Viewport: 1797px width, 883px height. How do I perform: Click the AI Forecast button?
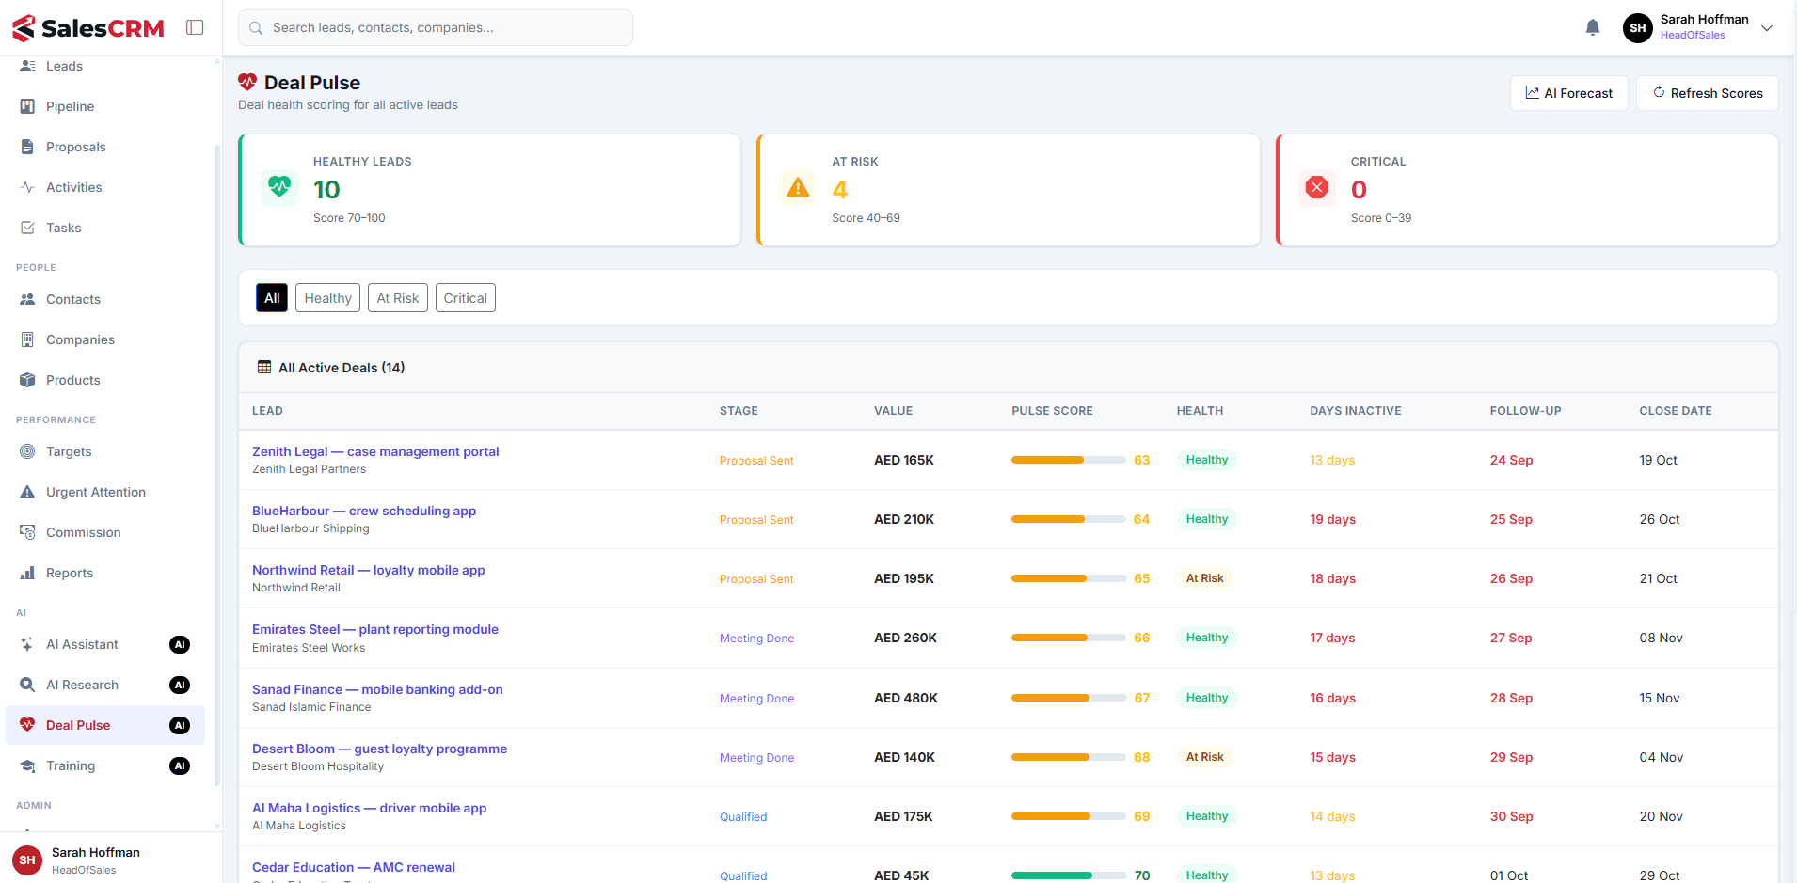[1568, 93]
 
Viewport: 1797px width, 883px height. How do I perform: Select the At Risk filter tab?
[398, 298]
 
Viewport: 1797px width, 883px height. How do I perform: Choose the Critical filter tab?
[466, 298]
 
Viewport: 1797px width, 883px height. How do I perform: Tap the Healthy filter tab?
[327, 298]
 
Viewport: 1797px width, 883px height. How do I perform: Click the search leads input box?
[436, 28]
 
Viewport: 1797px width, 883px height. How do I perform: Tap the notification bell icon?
[1593, 28]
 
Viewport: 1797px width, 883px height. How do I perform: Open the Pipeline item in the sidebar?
[70, 106]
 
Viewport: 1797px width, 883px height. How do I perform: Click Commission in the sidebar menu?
[84, 532]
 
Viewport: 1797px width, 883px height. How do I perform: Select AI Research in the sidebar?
[82, 685]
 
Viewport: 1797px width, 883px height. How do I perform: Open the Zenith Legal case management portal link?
[375, 451]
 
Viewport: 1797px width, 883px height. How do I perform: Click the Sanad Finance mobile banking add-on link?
[377, 689]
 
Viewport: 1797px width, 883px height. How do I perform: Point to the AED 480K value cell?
[906, 698]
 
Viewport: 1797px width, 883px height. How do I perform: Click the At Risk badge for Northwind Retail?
[1204, 578]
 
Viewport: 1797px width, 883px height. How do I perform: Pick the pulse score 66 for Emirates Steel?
[1142, 638]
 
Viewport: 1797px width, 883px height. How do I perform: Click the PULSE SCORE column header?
[1052, 411]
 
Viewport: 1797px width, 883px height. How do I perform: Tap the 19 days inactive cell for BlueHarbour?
[1332, 519]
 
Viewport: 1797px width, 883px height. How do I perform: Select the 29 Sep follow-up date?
[1511, 757]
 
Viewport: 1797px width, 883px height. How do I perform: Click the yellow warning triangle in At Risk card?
[798, 188]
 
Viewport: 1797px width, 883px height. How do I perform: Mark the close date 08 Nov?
[1661, 638]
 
